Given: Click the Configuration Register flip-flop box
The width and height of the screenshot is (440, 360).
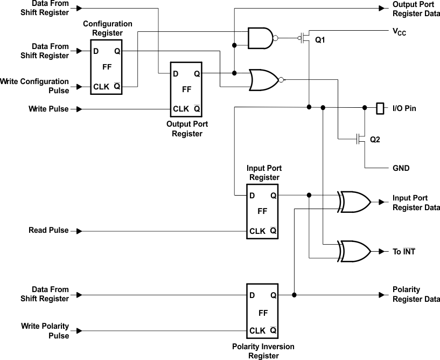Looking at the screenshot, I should (107, 67).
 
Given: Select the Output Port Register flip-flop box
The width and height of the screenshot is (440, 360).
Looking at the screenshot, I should (186, 89).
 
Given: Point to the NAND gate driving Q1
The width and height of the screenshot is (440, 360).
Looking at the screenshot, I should (260, 38).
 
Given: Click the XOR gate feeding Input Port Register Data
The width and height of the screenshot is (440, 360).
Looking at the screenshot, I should (354, 202).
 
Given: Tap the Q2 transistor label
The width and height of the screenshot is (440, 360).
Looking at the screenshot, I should (375, 140).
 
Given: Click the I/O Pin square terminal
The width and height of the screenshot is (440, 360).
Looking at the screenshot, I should (380, 108).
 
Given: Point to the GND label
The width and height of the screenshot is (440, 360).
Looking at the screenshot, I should (401, 168).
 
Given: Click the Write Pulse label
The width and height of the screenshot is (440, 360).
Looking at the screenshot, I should (48, 109).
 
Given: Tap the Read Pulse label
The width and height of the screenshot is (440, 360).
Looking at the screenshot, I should (48, 231).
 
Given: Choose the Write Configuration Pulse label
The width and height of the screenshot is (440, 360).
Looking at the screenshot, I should (34, 86).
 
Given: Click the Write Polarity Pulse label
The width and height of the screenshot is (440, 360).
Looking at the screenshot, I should (45, 331).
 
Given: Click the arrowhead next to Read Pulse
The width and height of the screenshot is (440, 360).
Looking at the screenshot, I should (79, 231).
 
